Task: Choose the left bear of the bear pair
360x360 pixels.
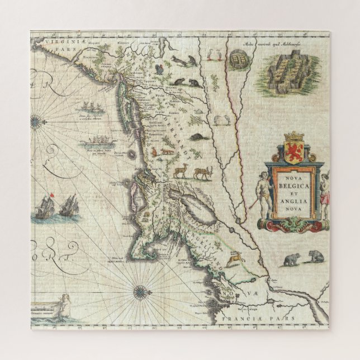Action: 291,259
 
